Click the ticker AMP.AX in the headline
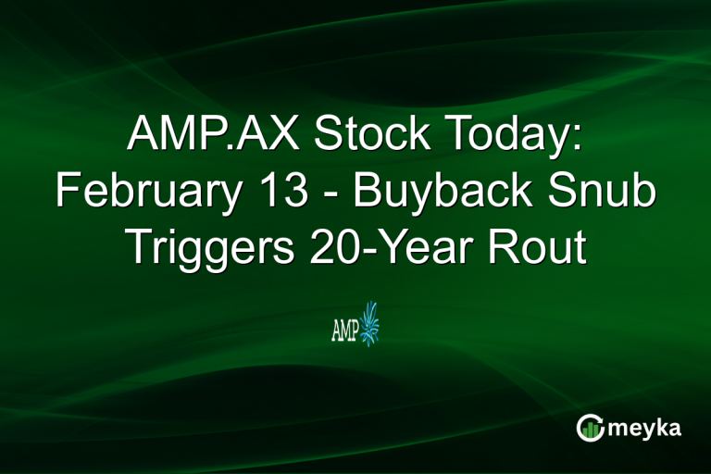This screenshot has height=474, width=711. coord(215,137)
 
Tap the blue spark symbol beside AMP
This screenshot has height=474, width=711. coord(370,324)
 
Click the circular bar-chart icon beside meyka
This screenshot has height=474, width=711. coord(590,427)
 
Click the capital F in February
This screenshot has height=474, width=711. coord(68,192)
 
